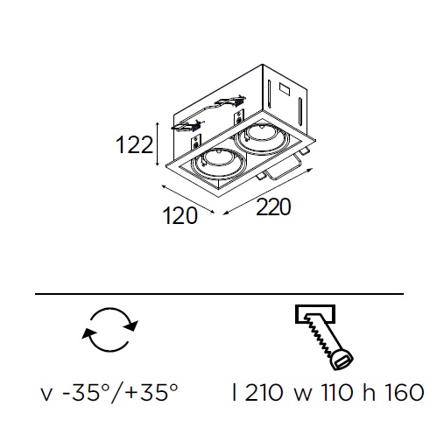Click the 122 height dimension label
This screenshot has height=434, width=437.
click(x=134, y=144)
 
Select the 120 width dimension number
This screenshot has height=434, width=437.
click(x=180, y=215)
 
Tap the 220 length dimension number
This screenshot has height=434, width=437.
click(x=273, y=206)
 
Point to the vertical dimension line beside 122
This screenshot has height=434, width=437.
click(x=158, y=144)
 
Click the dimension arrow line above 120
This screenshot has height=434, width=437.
click(x=188, y=199)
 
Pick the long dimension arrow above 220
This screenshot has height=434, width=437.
click(x=268, y=192)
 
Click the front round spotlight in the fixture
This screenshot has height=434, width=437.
click(x=217, y=163)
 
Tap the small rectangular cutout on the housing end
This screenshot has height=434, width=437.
click(x=285, y=88)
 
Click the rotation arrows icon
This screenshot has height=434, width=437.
click(x=109, y=329)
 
